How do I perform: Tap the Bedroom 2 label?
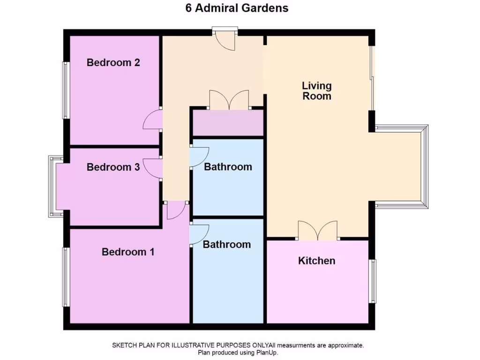point(113,62)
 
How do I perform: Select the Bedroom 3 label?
point(113,167)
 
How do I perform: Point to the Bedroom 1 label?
point(128,252)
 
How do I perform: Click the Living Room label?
point(317,91)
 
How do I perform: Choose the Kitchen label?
point(317,261)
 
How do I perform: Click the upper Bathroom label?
point(228,167)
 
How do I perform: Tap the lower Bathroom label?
point(227,244)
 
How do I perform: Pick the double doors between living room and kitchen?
point(318,231)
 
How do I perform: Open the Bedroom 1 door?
point(176,210)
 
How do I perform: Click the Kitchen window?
point(374,281)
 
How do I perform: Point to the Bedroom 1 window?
point(67,277)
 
